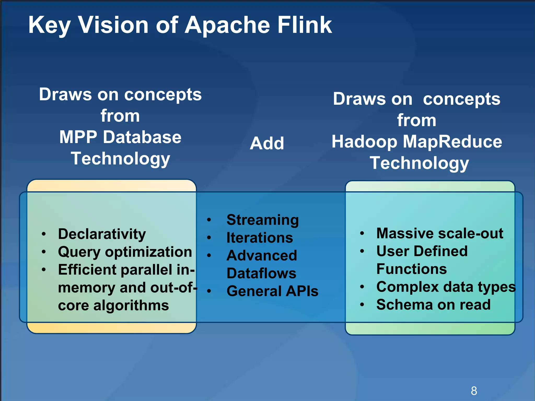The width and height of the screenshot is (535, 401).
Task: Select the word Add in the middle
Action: coord(267,143)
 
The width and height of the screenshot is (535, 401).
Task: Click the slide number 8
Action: coord(474,391)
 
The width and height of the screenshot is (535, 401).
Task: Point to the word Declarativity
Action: coord(102,234)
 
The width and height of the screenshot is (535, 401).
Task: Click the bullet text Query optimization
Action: coord(125,252)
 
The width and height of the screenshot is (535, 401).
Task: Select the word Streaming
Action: coord(263,220)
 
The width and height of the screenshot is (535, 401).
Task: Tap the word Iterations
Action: coord(260,238)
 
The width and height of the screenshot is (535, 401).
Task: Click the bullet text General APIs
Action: coord(272,291)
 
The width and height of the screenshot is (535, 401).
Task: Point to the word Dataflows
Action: coord(261,273)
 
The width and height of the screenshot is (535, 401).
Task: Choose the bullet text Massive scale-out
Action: coord(440,233)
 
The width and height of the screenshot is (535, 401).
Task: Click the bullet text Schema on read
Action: coord(433,305)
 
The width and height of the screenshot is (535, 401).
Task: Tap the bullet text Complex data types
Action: coord(446,287)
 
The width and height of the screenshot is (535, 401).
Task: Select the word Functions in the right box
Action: coord(411,269)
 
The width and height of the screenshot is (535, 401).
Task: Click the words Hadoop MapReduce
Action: coord(417,142)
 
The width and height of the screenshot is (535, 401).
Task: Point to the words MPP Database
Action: coord(120,137)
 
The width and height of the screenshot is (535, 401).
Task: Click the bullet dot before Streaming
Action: coord(209,220)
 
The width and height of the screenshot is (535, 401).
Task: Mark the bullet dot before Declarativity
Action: coord(44,234)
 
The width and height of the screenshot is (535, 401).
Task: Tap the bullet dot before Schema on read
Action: coord(362,304)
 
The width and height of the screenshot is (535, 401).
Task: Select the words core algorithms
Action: coord(113,305)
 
